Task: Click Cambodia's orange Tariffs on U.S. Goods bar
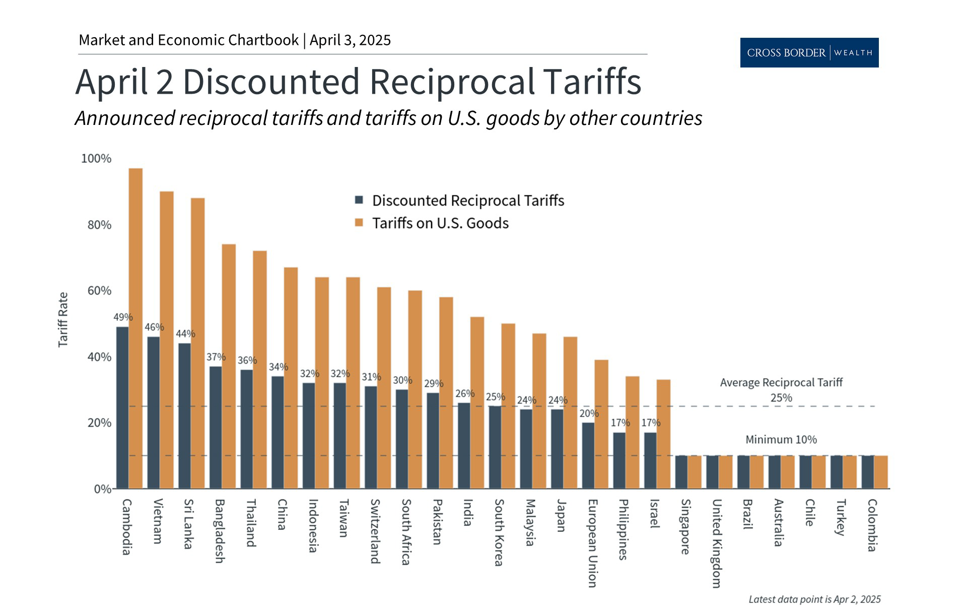[135, 327]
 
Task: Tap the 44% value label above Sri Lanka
[185, 333]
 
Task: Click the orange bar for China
[291, 378]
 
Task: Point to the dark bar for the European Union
[588, 455]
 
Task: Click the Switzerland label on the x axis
[375, 531]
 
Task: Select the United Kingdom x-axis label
[716, 543]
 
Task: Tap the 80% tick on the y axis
[99, 225]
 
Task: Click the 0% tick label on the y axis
[102, 489]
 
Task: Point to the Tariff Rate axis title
[63, 319]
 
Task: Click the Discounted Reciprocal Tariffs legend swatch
[359, 200]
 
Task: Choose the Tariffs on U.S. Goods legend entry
[440, 223]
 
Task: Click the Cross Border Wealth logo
[809, 52]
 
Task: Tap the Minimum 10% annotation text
[781, 439]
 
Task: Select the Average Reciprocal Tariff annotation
[781, 383]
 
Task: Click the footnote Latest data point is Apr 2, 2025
[814, 599]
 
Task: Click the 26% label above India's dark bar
[464, 393]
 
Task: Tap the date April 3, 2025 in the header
[350, 40]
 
